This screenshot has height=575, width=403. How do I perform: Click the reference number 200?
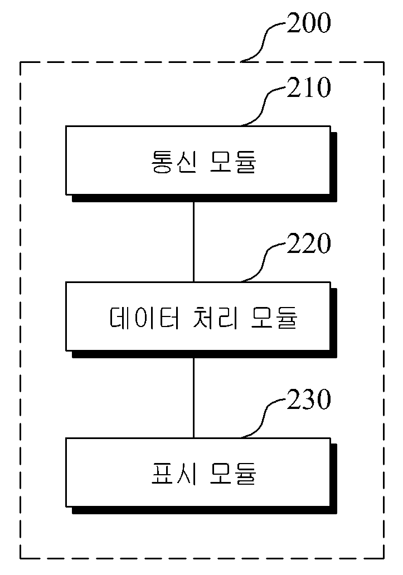pyautogui.click(x=309, y=23)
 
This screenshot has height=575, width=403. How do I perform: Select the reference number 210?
pyautogui.click(x=309, y=87)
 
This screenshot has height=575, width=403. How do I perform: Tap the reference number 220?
pyautogui.click(x=309, y=243)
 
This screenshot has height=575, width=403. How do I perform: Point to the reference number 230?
pyautogui.click(x=309, y=399)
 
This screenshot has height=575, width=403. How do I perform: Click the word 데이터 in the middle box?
pyautogui.click(x=144, y=318)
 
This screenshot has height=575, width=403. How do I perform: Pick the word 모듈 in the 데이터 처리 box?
pyautogui.click(x=274, y=318)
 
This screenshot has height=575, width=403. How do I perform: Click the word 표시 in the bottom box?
pyautogui.click(x=174, y=474)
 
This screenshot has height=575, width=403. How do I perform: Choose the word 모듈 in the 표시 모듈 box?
pyautogui.click(x=232, y=474)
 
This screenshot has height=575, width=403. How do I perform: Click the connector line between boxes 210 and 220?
pyautogui.click(x=193, y=242)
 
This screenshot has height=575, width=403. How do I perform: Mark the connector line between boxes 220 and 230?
pyautogui.click(x=193, y=398)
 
